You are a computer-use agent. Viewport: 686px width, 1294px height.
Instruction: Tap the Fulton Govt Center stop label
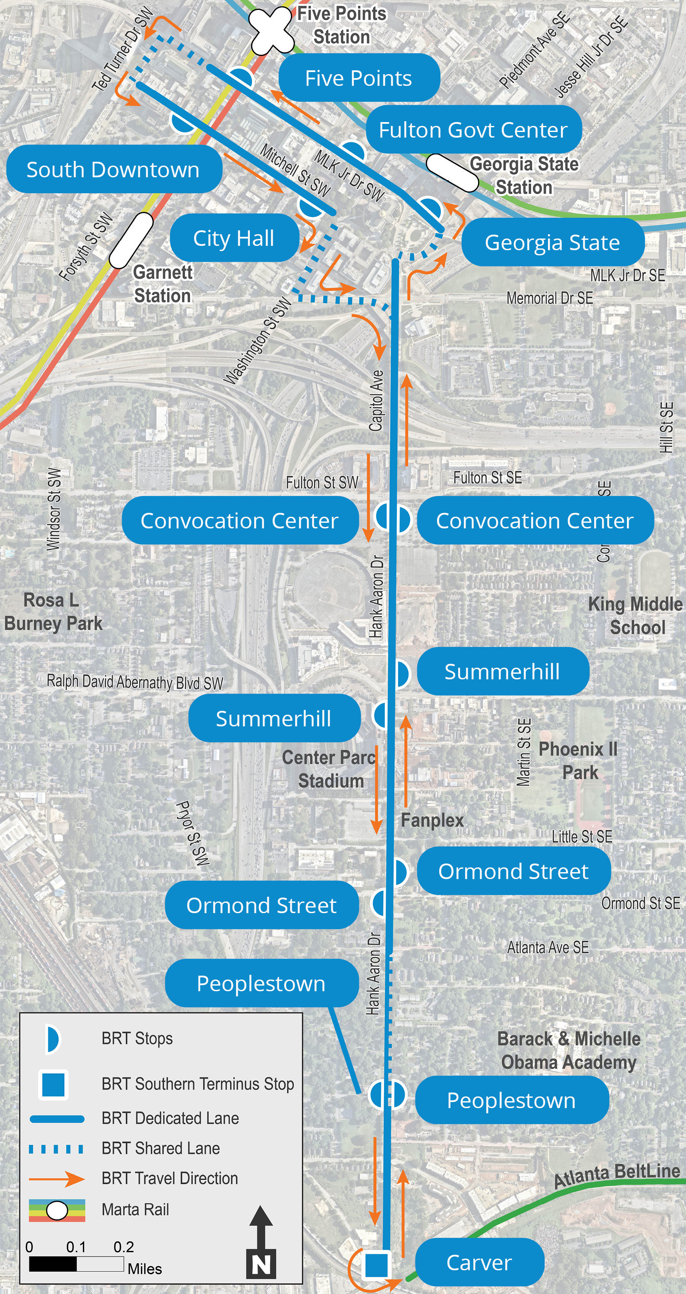tap(473, 129)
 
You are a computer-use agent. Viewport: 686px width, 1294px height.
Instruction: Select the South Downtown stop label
tap(113, 169)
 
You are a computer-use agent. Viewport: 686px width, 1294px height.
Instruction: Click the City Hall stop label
tap(234, 238)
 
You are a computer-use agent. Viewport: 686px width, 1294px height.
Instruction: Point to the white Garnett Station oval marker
tap(131, 241)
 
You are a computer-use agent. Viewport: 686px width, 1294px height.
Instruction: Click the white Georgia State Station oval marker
tap(452, 172)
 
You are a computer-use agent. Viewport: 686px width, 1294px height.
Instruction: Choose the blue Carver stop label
tap(479, 1262)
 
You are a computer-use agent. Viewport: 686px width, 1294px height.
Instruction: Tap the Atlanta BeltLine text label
tap(617, 1184)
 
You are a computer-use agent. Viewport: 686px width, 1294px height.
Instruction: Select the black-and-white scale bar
tap(76, 1264)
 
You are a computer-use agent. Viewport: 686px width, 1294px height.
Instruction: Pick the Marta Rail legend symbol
tap(57, 1211)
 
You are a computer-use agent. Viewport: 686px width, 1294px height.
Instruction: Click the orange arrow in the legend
tap(57, 1178)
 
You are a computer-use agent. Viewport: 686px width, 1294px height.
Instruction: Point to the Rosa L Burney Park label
tap(53, 612)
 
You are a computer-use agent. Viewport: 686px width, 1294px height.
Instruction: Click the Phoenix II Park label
tap(579, 760)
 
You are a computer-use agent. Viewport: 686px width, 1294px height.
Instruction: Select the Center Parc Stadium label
tap(330, 769)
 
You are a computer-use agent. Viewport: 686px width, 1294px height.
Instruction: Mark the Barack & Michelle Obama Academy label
tap(569, 1050)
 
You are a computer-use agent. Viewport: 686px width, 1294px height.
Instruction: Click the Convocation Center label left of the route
tap(239, 521)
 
